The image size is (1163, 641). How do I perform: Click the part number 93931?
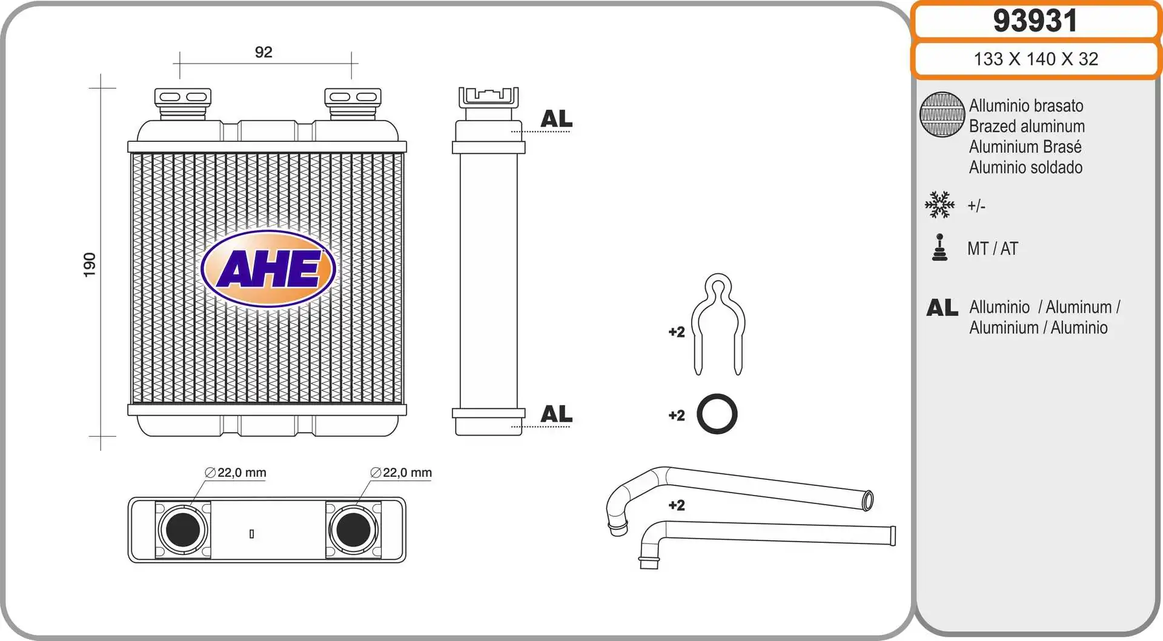[x=1035, y=21]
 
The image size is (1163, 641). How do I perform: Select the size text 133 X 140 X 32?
[x=1035, y=59]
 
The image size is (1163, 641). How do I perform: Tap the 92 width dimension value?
[x=263, y=52]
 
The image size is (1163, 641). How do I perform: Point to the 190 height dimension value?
[x=90, y=265]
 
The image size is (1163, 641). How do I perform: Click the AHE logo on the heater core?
[x=268, y=268]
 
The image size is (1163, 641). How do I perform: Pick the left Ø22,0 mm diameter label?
[x=236, y=473]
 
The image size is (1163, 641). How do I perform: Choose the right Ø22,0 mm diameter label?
[x=402, y=473]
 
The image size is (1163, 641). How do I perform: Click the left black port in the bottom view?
[x=183, y=530]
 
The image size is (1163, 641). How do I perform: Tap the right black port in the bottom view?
[x=353, y=530]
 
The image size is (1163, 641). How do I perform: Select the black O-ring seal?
[x=717, y=414]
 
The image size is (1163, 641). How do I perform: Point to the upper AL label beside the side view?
[x=556, y=119]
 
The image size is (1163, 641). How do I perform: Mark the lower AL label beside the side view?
[x=556, y=414]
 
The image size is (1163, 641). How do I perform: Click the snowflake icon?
[x=939, y=205]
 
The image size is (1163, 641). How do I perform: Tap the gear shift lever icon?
[x=939, y=248]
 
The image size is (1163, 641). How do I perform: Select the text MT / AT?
[x=993, y=248]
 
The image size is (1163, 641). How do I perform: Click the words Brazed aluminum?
[x=1027, y=126]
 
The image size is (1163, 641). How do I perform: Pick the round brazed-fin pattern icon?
[x=942, y=115]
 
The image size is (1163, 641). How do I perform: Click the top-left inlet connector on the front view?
[x=183, y=100]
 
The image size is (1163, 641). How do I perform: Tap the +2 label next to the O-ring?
[x=677, y=416]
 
